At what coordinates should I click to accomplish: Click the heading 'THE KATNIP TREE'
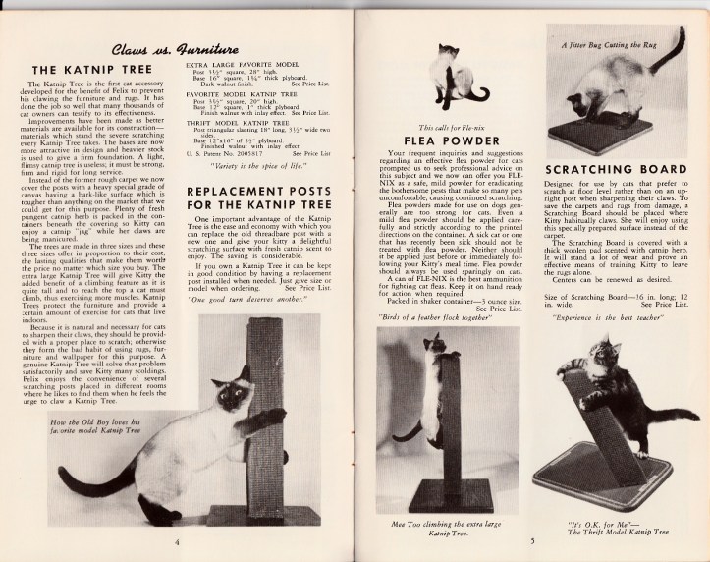tap(90, 71)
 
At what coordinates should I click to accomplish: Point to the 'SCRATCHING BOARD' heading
tap(613, 170)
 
